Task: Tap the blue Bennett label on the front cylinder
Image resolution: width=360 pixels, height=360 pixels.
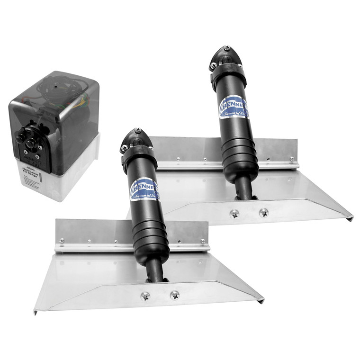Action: point(144,184)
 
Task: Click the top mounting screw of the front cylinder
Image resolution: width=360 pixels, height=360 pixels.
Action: point(137,132)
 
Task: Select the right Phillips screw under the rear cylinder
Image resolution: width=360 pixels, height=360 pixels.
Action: point(263,212)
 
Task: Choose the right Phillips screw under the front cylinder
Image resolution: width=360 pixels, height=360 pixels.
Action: point(174,294)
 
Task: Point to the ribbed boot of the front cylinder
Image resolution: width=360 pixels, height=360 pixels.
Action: point(150,236)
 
